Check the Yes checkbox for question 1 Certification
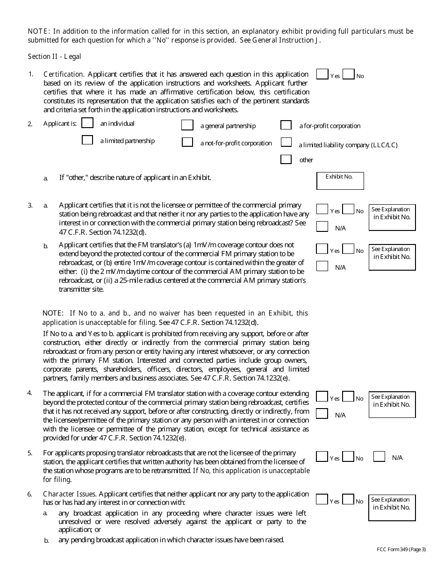tap(322, 74)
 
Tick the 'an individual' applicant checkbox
tap(87, 123)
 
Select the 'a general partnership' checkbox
tap(187, 125)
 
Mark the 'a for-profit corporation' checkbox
tap(286, 125)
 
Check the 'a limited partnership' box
tap(87, 140)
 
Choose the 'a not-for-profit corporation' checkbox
tap(187, 142)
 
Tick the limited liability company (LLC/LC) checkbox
tap(286, 142)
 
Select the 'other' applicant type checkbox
tap(286, 159)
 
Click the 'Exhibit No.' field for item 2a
tap(340, 181)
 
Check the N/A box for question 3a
tap(322, 227)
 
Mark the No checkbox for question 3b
tap(348, 249)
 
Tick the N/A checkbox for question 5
tap(379, 457)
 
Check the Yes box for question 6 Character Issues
tap(322, 500)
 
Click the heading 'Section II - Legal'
tap(54, 57)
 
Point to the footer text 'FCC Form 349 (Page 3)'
tap(401, 549)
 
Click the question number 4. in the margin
tap(29, 393)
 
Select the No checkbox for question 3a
tap(348, 209)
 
